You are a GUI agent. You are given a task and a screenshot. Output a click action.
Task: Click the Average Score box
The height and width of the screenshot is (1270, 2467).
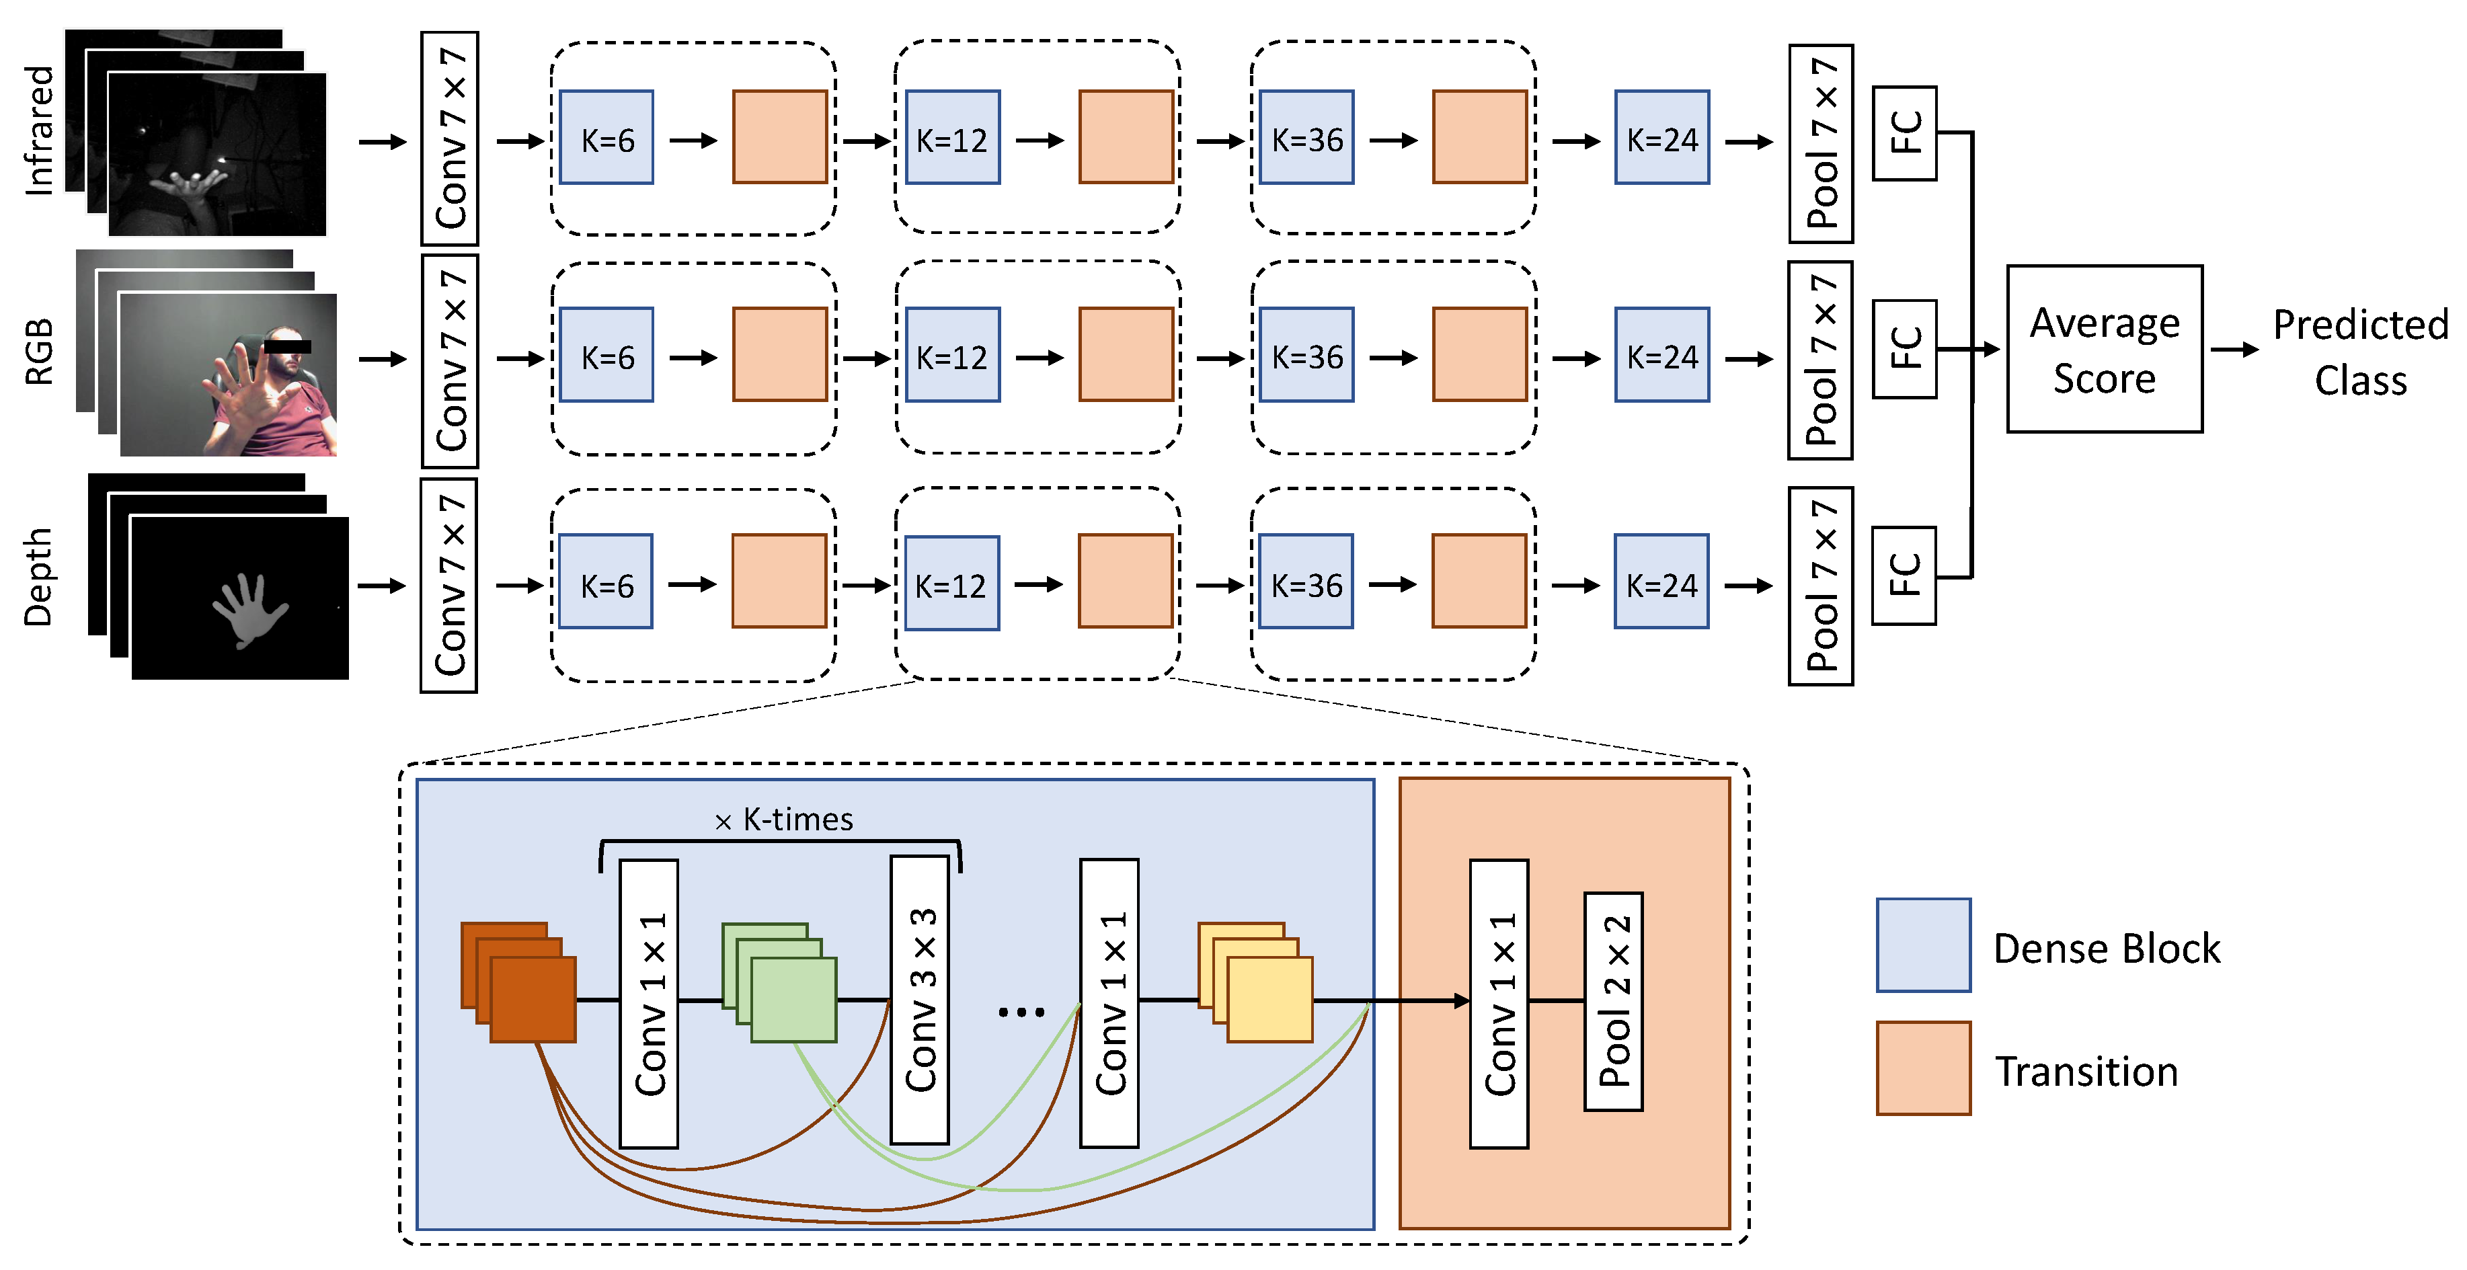coord(2105,349)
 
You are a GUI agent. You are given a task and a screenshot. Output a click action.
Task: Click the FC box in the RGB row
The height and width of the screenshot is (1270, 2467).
coord(1905,349)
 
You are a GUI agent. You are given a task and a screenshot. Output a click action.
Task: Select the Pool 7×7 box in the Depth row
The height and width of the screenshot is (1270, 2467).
coord(1821,586)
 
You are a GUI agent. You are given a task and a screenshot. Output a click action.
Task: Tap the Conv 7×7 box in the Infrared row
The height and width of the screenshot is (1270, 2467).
coord(450,138)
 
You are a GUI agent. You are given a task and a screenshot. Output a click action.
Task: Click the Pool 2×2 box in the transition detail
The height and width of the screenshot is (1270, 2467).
coord(1614,1002)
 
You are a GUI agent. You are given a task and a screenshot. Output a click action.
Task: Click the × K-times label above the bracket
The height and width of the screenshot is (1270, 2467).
coord(783,820)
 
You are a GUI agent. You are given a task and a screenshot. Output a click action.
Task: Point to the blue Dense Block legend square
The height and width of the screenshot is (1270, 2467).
coord(1923,945)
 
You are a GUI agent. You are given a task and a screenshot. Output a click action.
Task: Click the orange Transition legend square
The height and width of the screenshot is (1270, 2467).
coord(1923,1068)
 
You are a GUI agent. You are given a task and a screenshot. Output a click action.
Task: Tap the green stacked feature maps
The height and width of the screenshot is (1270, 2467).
coord(779,983)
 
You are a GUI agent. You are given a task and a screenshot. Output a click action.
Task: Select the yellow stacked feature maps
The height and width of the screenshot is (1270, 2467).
coord(1255,983)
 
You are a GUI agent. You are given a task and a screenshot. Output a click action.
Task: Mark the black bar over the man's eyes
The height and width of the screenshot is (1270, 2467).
coord(287,347)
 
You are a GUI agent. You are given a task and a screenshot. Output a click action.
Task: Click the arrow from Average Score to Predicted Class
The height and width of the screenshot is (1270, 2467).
coord(2235,350)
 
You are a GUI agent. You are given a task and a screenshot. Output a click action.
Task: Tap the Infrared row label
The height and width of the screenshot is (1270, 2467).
coord(38,130)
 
